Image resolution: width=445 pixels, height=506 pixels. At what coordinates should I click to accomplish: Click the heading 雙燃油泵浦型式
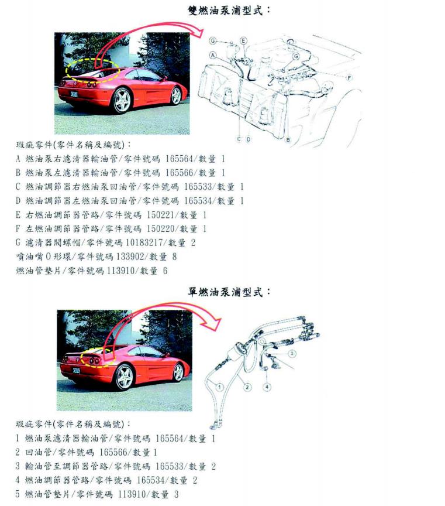pos(229,11)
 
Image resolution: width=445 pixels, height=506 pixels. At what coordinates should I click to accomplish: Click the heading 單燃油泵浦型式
pos(229,292)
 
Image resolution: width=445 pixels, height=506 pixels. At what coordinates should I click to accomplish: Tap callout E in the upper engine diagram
pos(244,40)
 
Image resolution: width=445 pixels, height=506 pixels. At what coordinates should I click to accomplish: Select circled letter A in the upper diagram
pos(213,55)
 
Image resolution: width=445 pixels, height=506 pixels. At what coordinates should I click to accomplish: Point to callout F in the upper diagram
pos(349,77)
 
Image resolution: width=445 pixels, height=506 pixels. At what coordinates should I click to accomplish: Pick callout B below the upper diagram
pos(288,140)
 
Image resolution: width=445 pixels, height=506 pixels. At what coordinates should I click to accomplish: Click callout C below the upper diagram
pos(239,139)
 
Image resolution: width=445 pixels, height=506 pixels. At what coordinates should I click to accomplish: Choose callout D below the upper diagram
pos(249,139)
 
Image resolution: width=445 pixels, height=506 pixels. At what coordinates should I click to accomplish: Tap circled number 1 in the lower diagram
pos(219,387)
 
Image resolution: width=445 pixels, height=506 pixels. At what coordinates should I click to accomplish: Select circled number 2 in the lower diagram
pos(247,387)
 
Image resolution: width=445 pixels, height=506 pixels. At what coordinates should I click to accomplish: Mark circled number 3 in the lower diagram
pos(292,353)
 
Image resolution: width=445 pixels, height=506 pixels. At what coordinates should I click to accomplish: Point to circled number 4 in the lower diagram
pos(267,387)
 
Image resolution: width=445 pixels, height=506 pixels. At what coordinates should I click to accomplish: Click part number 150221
pos(160,215)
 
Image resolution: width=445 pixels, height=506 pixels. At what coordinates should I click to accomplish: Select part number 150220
pos(160,229)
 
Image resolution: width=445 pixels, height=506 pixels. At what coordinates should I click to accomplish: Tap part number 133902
pos(130,257)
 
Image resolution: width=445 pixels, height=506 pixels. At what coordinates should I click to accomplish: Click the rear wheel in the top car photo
pos(122,100)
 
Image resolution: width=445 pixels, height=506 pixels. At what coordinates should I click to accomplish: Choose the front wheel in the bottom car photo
pos(178,372)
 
